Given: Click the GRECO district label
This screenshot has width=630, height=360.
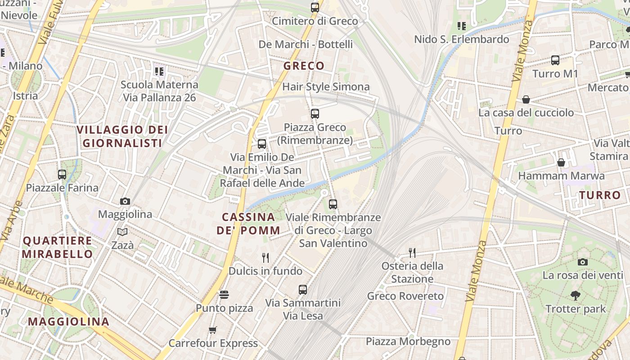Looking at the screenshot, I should point(304,66).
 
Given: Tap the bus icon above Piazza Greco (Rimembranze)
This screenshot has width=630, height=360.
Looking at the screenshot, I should point(315,114).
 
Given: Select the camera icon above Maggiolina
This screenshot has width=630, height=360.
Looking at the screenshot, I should point(125,201).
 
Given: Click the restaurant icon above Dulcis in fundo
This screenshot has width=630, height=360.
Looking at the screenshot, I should point(265,258).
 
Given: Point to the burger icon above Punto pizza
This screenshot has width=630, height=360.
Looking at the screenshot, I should point(224,295).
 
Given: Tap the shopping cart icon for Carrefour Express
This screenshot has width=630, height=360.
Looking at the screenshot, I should point(213,330).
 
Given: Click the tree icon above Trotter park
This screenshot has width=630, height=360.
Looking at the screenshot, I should point(575,296).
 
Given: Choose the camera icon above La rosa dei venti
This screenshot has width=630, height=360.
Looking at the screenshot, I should point(582,262).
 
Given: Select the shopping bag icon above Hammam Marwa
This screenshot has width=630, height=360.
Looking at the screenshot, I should point(561,162).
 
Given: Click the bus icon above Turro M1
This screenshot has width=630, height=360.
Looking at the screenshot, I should point(555,60).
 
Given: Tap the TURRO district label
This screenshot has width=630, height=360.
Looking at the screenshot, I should point(600,195).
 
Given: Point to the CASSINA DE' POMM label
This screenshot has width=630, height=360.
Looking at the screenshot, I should point(248,224).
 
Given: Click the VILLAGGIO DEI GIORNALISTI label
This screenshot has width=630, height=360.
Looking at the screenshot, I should point(122,136).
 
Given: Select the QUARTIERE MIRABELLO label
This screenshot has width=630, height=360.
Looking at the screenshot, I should point(58,247).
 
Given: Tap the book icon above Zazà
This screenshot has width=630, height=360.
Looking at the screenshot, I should point(122,232).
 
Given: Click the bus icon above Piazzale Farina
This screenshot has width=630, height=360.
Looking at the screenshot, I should point(62,175).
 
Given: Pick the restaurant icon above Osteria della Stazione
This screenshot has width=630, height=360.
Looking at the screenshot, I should point(412,252).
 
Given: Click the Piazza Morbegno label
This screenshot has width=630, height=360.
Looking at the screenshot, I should point(408,342).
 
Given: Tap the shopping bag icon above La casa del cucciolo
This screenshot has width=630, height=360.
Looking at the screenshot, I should point(526,99).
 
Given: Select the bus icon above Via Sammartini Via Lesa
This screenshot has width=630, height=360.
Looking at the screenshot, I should point(303,290).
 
